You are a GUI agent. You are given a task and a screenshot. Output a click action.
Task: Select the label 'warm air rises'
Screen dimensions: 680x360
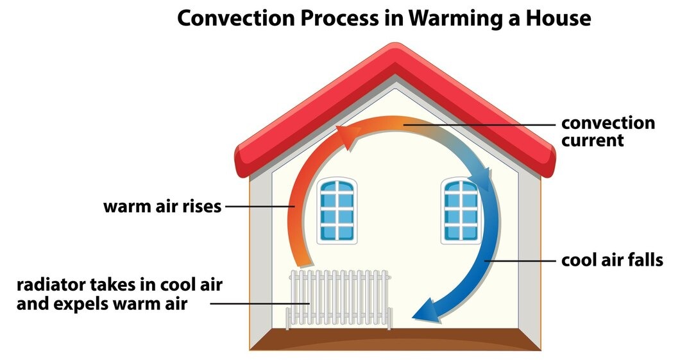pos(162,207)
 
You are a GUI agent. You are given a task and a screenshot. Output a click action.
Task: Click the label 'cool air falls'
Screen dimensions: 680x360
pos(612,261)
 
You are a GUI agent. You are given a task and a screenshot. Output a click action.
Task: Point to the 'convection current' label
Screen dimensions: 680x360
pos(608,132)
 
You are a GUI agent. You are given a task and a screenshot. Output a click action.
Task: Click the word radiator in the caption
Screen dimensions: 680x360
pos(50,285)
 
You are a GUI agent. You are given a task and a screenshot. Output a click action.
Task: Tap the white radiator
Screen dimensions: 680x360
pos(339,299)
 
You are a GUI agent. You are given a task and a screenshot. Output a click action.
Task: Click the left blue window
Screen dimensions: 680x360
pos(337,210)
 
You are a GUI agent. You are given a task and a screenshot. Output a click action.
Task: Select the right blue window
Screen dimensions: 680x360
pos(461,210)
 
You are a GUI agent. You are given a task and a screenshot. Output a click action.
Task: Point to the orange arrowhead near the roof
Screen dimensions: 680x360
pos(348,135)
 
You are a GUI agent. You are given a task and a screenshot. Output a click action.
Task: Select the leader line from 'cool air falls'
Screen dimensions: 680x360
pos(520,261)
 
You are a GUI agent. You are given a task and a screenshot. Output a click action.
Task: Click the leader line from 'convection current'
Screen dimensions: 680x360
pos(479,125)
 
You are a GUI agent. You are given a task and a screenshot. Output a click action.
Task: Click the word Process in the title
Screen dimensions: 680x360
pos(339,18)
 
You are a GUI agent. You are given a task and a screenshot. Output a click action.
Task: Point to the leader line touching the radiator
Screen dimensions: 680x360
pos(260,304)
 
